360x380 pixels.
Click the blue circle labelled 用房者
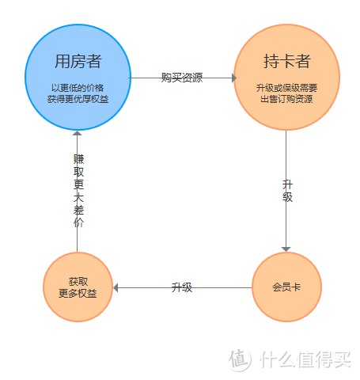[x=78, y=78]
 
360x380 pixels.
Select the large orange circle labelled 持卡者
[x=287, y=78]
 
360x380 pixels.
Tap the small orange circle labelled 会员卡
[x=286, y=287]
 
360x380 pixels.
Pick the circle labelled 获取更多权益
[x=78, y=287]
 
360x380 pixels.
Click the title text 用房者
[x=78, y=62]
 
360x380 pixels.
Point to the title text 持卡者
[x=287, y=62]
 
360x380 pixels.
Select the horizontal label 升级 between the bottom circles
[x=182, y=287]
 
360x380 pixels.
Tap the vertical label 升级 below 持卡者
[x=287, y=191]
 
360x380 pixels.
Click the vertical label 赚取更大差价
[x=78, y=191]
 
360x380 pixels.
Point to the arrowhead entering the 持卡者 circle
[x=233, y=78]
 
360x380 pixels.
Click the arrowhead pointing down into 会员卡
[x=286, y=249]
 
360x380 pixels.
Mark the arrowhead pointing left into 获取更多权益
[x=116, y=287]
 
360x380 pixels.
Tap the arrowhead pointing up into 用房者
[x=78, y=133]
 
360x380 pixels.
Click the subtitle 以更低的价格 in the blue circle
[x=78, y=88]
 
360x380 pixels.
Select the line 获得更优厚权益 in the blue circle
[x=78, y=99]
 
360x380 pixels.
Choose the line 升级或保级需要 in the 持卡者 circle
[x=287, y=88]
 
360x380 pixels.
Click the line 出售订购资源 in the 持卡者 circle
[x=287, y=99]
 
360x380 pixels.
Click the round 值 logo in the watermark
[x=240, y=360]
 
